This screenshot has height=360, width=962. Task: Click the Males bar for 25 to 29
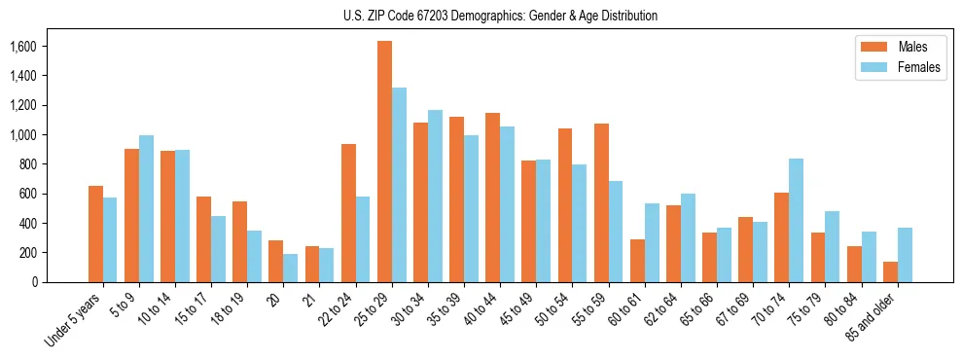pos(384,162)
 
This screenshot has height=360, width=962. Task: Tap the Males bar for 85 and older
pos(890,271)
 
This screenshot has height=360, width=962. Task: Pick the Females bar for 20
pos(291,268)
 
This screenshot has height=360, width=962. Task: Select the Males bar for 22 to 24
pos(348,213)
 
